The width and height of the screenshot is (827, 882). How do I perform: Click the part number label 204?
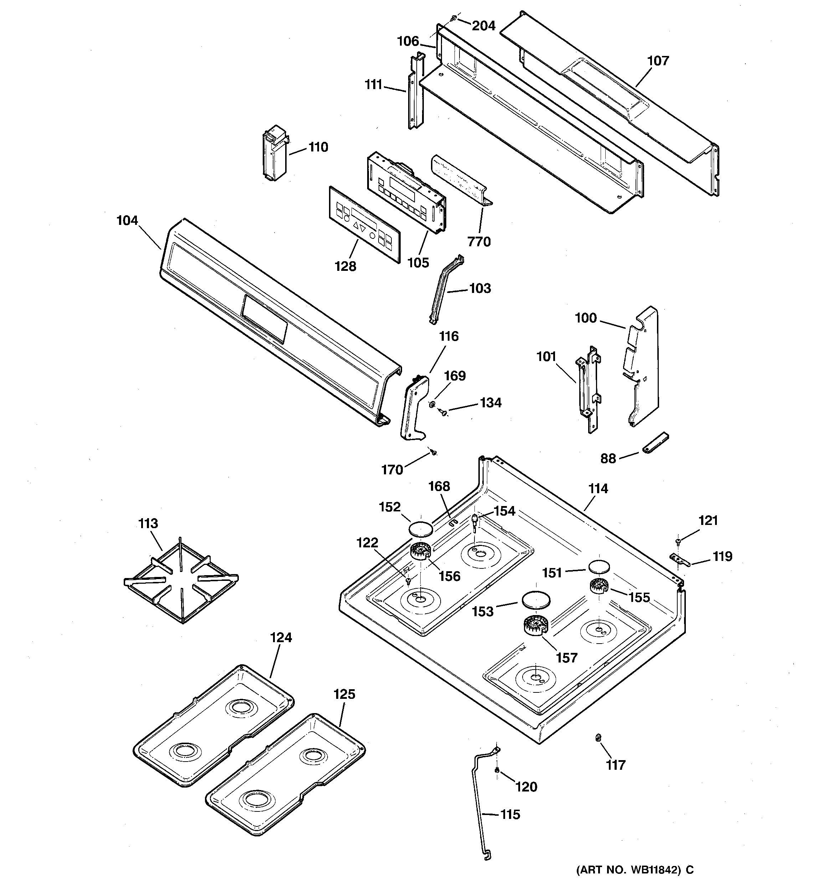pyautogui.click(x=483, y=26)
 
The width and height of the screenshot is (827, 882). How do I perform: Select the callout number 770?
pyautogui.click(x=479, y=242)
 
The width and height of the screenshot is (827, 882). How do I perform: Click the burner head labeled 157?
pyautogui.click(x=535, y=627)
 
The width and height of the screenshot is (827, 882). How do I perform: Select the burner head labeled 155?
pyautogui.click(x=600, y=587)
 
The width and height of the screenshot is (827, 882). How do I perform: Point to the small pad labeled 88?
pyautogui.click(x=655, y=444)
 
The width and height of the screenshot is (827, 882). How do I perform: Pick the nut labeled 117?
pyautogui.click(x=598, y=738)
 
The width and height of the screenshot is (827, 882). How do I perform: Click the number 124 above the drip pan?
pyautogui.click(x=281, y=638)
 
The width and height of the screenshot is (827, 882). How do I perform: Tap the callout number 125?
pyautogui.click(x=344, y=694)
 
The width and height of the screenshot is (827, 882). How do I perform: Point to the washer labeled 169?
pyautogui.click(x=431, y=404)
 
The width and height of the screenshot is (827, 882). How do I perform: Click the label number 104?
pyautogui.click(x=127, y=221)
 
